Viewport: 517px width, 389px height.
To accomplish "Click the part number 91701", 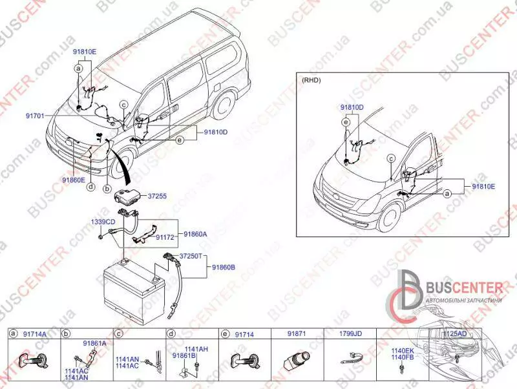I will pos(35,116).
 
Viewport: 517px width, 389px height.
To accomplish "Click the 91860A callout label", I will pos(196,234).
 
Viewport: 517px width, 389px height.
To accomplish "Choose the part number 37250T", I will pos(192,256).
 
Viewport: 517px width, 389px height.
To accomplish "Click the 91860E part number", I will pos(74,180).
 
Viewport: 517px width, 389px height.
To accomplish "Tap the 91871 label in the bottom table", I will pos(297,333).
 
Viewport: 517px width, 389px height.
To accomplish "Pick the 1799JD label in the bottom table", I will pos(351,333).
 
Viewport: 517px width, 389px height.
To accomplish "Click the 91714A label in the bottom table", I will pos(35,333).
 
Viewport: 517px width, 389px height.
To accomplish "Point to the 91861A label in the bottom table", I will pos(94,343).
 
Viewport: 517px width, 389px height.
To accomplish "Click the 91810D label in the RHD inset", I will pos(352,107).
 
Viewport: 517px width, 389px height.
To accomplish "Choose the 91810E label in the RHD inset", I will pos(483,186).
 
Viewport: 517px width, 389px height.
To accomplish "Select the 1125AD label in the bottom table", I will pos(455,333).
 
